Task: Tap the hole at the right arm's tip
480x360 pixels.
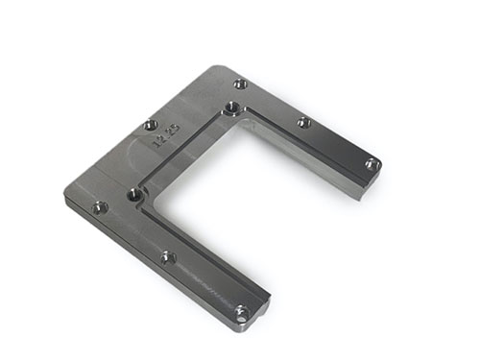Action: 372,164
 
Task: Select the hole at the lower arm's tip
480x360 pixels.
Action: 242,310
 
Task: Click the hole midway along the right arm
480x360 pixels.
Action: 303,122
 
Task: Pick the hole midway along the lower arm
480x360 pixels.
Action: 166,256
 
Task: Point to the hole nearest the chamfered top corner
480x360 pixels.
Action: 240,84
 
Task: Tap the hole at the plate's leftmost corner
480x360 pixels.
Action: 98,206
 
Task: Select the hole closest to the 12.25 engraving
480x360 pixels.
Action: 149,125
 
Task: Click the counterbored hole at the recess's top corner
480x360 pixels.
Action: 232,108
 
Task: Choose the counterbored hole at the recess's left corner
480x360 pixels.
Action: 135,195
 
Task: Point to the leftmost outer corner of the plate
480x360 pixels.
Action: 67,196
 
